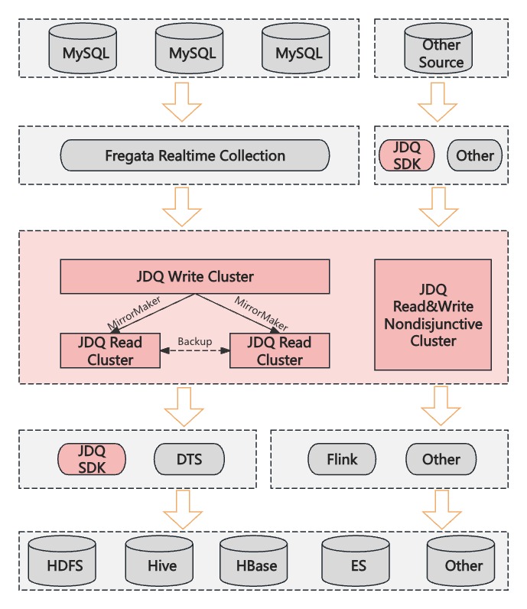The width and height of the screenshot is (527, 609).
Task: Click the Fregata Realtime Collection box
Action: [195, 156]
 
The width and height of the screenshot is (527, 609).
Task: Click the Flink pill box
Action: [343, 460]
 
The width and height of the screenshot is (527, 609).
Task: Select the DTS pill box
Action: [189, 460]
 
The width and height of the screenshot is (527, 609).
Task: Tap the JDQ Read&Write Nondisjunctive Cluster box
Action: [433, 314]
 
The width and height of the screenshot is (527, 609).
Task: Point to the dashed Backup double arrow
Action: [194, 350]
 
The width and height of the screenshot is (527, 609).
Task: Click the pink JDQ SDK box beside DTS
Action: [91, 460]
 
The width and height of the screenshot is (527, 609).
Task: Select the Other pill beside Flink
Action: [441, 460]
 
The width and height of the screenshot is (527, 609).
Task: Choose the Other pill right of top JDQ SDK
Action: [474, 156]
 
